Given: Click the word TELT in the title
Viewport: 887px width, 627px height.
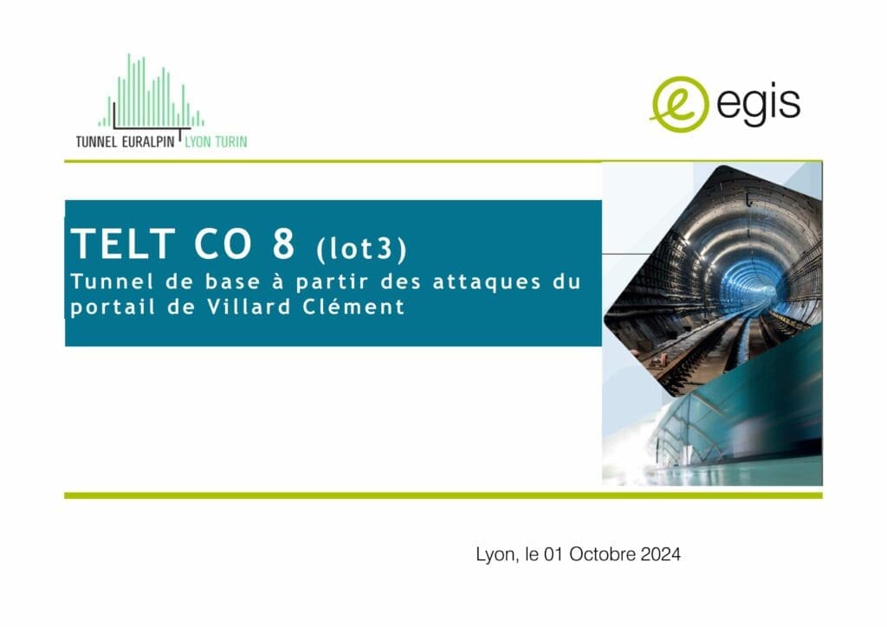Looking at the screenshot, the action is [x=123, y=243].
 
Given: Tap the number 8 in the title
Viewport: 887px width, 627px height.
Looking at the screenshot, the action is [x=283, y=243].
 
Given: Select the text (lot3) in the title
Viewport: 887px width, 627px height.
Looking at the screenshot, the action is [x=361, y=249].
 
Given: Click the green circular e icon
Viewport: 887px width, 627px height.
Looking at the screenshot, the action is [x=679, y=104].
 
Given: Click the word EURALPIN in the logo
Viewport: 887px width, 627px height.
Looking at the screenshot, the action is [x=148, y=141].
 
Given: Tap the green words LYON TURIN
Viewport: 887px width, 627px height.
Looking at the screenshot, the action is [x=216, y=141].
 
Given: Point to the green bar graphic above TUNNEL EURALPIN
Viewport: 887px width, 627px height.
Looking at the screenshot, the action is [x=151, y=90].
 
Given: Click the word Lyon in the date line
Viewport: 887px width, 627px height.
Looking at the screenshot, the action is [x=495, y=554].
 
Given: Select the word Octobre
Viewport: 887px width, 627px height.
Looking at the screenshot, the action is [x=603, y=554].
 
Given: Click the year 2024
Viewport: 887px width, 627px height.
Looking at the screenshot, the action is [x=660, y=554].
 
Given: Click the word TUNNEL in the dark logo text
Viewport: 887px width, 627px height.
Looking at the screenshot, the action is [x=96, y=141].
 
